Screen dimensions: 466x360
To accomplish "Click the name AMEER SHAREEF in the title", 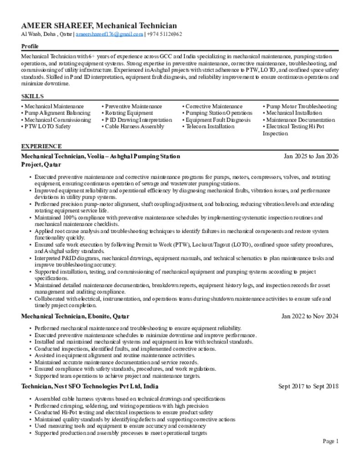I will pyautogui.click(x=56, y=26).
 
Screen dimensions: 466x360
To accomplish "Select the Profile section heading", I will pyautogui.click(x=30, y=46).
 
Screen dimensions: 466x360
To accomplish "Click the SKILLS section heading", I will pyautogui.click(x=32, y=96).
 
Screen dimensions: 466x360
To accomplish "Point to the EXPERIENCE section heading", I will pyautogui.click(x=41, y=146).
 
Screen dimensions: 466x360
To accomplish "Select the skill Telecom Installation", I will pyautogui.click(x=211, y=127).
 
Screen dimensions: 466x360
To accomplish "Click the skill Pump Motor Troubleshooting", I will pyautogui.click(x=301, y=106).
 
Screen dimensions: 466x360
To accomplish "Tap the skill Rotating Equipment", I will pyautogui.click(x=129, y=113).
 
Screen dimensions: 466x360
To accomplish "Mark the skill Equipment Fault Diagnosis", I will pyautogui.click(x=218, y=120).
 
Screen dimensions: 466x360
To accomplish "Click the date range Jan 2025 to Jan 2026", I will pyautogui.click(x=311, y=156).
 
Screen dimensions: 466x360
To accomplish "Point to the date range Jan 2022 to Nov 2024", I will pyautogui.click(x=309, y=316).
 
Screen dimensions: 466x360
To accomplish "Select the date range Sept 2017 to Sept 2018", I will pyautogui.click(x=308, y=386).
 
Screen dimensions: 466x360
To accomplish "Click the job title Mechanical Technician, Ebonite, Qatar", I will pyautogui.click(x=75, y=316).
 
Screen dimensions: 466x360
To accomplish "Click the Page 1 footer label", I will pyautogui.click(x=330, y=441).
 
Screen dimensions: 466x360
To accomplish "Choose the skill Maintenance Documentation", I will pyautogui.click(x=300, y=120).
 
